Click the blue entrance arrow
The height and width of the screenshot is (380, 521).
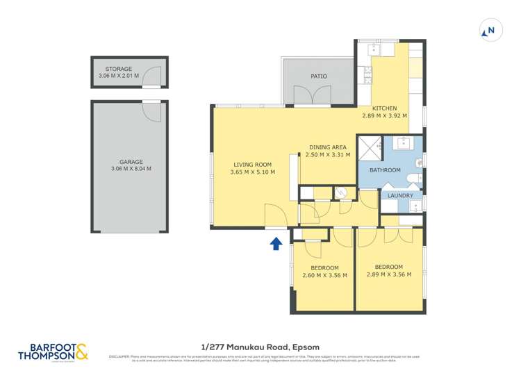pyautogui.click(x=276, y=242)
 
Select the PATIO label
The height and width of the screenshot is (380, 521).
pyautogui.click(x=318, y=76)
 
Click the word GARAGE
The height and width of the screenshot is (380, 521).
pyautogui.click(x=131, y=161)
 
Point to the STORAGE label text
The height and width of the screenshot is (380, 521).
pyautogui.click(x=119, y=69)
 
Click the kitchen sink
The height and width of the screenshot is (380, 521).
pyautogui.click(x=374, y=49)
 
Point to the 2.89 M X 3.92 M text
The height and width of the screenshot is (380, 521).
pyautogui.click(x=384, y=116)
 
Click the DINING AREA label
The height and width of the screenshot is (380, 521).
pyautogui.click(x=326, y=147)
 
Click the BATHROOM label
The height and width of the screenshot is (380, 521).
pyautogui.click(x=384, y=170)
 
